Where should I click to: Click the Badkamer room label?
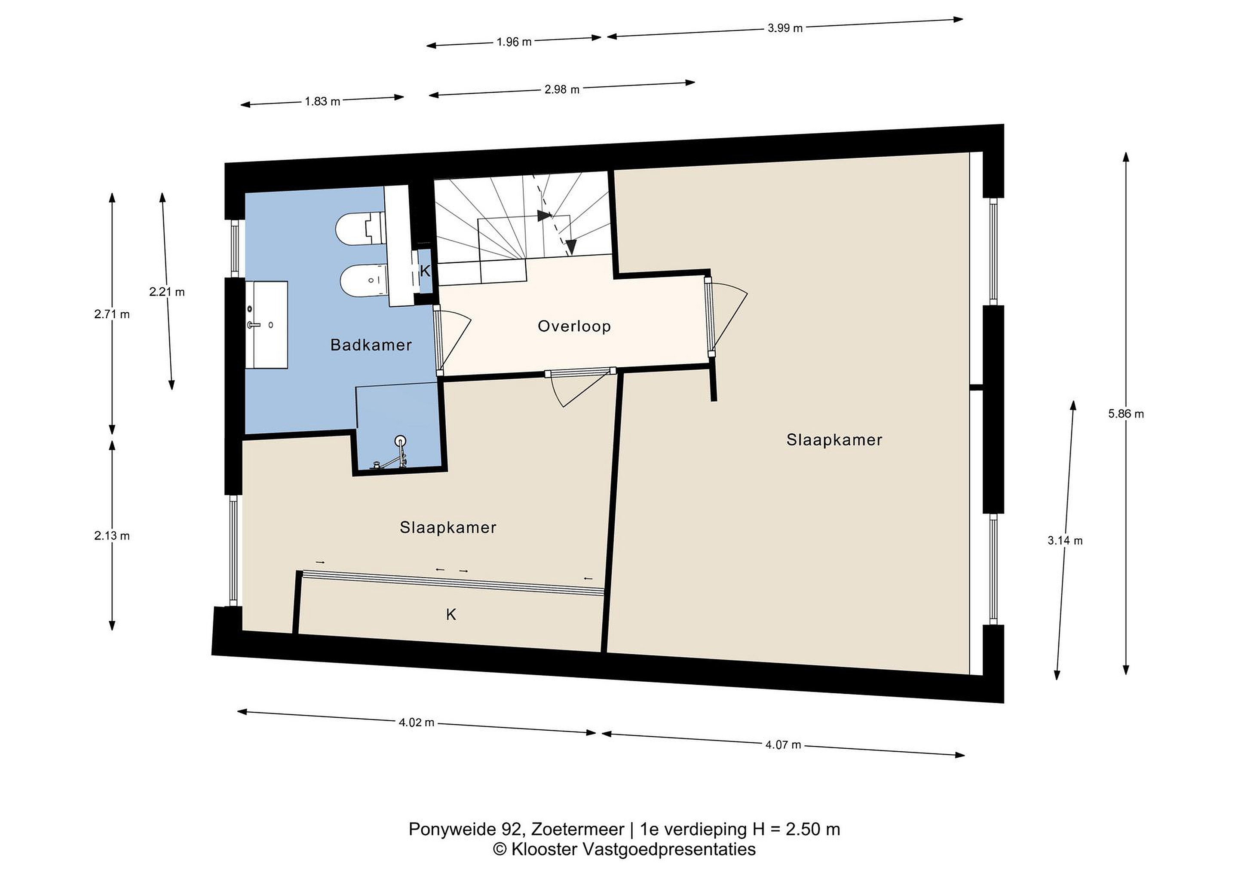coord(371,345)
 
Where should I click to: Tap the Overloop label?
coord(574,326)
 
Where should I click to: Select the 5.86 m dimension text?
coord(1126,414)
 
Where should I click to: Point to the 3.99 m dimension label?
coord(785,28)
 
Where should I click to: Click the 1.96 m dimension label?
coord(514,42)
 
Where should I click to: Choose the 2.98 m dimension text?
coord(562,89)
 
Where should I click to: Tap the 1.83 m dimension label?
coord(322,101)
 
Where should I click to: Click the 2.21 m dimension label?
coord(167,292)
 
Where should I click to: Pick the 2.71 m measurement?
coord(112,314)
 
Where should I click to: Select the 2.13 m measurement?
coord(112,536)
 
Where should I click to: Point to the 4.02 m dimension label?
coord(416,723)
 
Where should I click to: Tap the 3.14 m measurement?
coord(1065,540)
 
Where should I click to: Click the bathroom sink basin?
coord(267,325)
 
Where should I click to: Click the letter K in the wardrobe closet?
coord(451,614)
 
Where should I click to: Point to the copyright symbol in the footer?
coord(500,850)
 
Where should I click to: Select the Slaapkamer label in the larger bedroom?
coord(834,440)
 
